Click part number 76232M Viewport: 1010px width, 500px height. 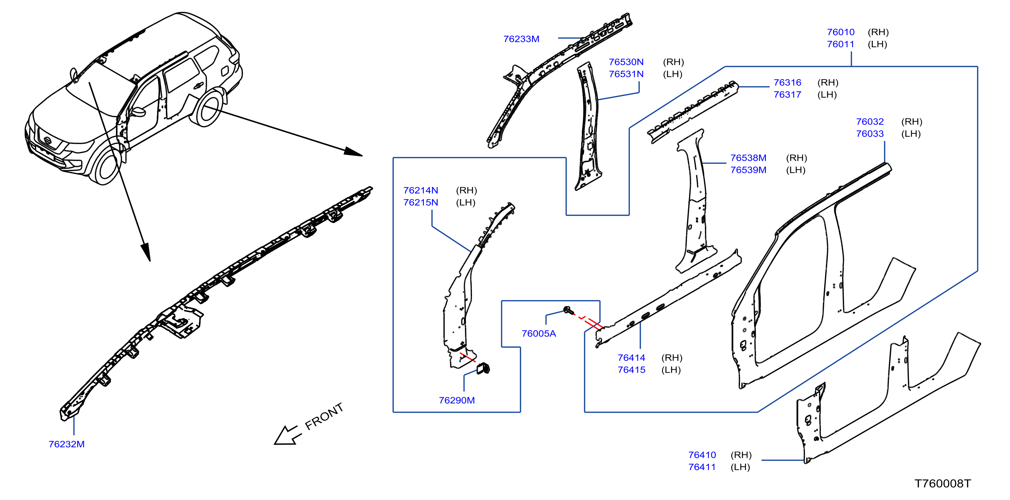click(67, 444)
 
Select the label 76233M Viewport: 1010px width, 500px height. click(521, 39)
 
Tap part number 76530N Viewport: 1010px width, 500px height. click(626, 62)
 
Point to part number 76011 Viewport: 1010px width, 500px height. click(841, 44)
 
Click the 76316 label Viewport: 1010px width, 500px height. click(787, 83)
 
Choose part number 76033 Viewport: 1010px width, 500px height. click(870, 134)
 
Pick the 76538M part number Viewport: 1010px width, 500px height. click(748, 158)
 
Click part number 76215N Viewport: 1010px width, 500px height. click(421, 202)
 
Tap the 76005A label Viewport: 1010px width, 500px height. click(539, 334)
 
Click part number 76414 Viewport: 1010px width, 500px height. click(631, 358)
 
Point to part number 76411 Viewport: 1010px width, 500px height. click(702, 467)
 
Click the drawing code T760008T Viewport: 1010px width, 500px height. click(943, 483)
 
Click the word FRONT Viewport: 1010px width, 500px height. click(324, 416)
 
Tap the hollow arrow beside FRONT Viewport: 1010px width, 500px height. click(288, 435)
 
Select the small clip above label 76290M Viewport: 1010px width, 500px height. click(483, 368)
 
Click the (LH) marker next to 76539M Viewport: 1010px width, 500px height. click(796, 170)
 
